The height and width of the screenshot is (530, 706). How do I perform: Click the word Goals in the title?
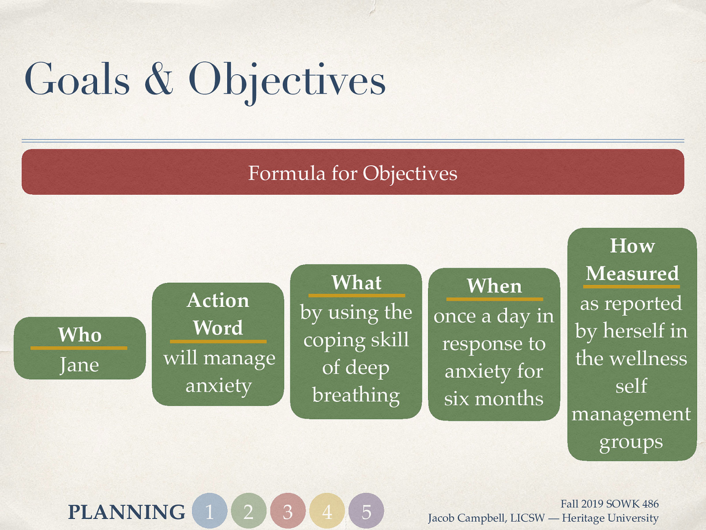[x=77, y=79]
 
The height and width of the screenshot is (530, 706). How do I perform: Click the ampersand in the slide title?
[x=159, y=79]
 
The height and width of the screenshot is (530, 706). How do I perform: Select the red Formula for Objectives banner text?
[x=353, y=173]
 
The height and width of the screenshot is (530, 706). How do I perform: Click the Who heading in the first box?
[x=80, y=335]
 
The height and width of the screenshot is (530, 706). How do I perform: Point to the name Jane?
[x=79, y=365]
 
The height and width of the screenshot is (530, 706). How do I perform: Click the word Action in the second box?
[x=218, y=300]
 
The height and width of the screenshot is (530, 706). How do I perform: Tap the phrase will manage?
[x=219, y=358]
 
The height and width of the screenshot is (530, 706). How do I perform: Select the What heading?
[x=357, y=283]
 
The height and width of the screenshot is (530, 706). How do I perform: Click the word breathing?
[x=356, y=395]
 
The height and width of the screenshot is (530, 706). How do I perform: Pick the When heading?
[x=494, y=286]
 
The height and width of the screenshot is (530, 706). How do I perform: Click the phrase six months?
[x=493, y=398]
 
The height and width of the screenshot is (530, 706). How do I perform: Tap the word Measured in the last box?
[x=632, y=274]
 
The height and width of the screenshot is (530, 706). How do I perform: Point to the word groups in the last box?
[x=631, y=442]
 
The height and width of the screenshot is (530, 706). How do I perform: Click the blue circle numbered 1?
[x=210, y=511]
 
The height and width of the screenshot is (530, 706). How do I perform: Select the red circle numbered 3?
[x=288, y=511]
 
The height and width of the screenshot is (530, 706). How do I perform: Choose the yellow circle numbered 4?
[x=327, y=511]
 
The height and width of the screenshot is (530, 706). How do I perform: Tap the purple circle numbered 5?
[x=366, y=511]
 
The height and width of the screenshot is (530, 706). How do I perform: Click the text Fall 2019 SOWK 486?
[x=609, y=504]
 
